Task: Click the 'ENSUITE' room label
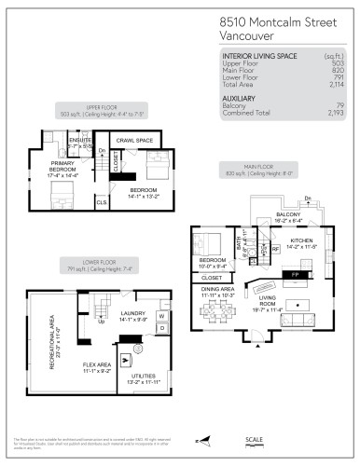point(80,143)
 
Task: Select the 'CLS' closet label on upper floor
point(102,201)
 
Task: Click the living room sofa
point(299,322)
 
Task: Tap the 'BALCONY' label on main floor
point(288,214)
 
